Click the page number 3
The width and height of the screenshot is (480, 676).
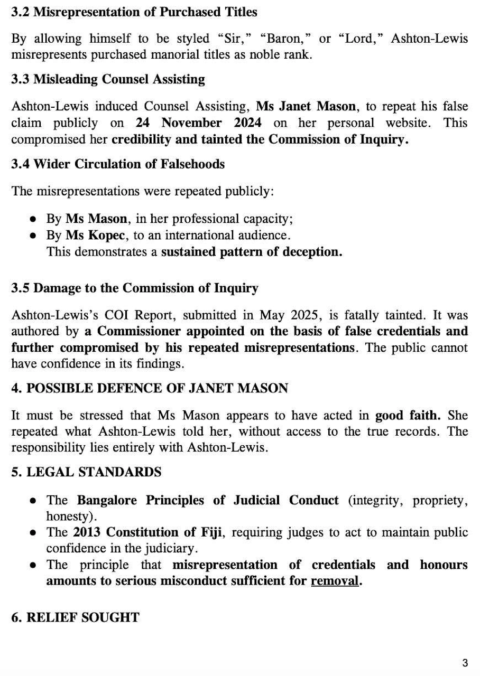(465, 663)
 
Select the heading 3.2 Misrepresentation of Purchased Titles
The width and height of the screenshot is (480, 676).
(134, 12)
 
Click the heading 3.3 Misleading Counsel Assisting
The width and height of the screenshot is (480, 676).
(108, 79)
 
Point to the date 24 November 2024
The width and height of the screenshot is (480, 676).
(198, 123)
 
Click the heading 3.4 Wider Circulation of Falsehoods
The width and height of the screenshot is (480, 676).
(118, 164)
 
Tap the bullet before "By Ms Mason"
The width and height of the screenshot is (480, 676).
(33, 219)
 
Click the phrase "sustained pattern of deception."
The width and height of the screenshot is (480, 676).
(252, 252)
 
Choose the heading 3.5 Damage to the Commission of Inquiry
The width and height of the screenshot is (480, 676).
(135, 288)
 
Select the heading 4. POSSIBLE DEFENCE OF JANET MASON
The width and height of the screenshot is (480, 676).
(150, 389)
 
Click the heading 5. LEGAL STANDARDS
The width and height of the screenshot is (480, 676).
(86, 472)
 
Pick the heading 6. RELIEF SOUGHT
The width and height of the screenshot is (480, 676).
(76, 617)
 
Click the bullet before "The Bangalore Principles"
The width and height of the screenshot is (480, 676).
(33, 500)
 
